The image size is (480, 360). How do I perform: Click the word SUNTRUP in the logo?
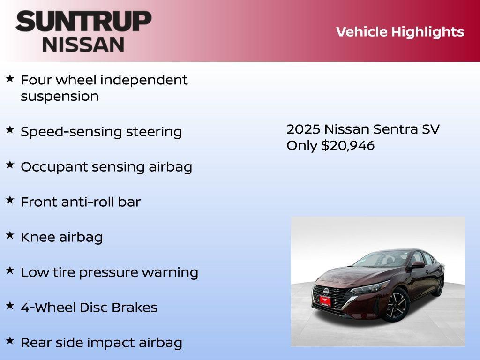[x=83, y=21]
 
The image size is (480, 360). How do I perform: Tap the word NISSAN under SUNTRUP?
[x=83, y=44]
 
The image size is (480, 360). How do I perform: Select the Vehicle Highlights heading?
[x=400, y=32]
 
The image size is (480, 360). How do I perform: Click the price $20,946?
[x=348, y=145]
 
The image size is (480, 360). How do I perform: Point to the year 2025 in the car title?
[x=303, y=129]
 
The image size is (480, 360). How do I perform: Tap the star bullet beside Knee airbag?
[x=10, y=235]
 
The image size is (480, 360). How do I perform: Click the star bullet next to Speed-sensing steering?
[x=10, y=130]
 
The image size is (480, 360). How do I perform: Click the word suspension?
[x=60, y=97]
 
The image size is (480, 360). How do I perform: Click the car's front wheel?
[x=397, y=305]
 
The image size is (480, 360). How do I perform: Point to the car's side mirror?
[x=418, y=265]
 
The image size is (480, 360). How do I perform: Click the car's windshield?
[x=375, y=259]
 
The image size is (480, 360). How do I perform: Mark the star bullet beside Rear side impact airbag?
[x=10, y=341]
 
